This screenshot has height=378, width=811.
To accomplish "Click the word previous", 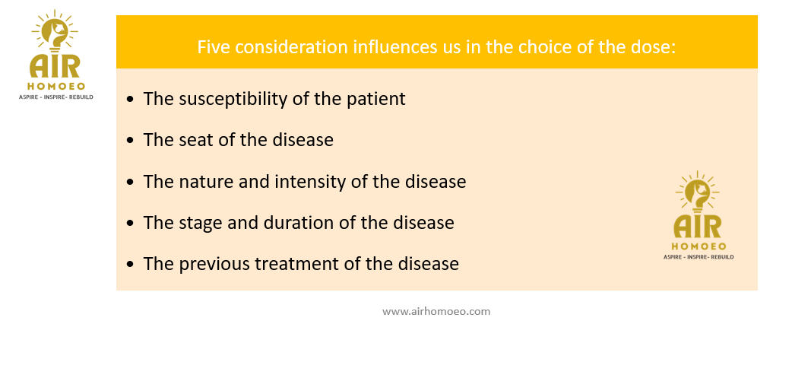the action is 216,264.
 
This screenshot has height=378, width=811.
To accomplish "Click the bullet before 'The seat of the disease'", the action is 130,141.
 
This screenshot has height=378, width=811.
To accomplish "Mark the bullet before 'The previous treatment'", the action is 130,264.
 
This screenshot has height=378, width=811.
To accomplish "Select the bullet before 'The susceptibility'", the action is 130,99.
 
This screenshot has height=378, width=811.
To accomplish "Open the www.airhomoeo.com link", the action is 436,312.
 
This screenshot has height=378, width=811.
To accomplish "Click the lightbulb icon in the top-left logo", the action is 55,32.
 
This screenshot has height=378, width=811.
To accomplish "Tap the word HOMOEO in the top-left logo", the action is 55,87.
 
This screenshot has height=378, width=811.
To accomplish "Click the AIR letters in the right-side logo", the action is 698,227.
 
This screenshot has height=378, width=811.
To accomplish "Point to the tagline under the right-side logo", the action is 699,257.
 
